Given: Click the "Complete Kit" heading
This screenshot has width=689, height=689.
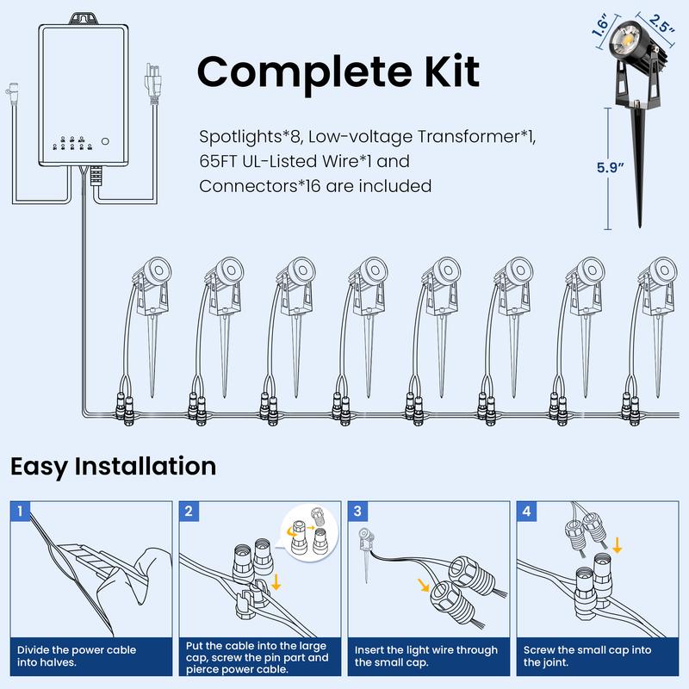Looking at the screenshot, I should (338, 71).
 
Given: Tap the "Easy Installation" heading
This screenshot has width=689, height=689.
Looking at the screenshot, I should (113, 467).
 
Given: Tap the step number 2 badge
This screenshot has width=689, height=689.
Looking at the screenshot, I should (188, 511).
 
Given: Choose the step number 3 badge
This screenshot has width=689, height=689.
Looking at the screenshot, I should (357, 511).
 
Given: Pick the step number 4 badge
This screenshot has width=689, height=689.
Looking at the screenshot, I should (525, 511).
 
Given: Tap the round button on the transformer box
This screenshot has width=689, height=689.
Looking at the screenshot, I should (106, 140).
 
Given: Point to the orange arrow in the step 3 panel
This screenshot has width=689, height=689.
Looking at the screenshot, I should (423, 585).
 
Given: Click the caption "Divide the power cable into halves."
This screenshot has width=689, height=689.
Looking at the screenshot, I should (76, 655).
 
